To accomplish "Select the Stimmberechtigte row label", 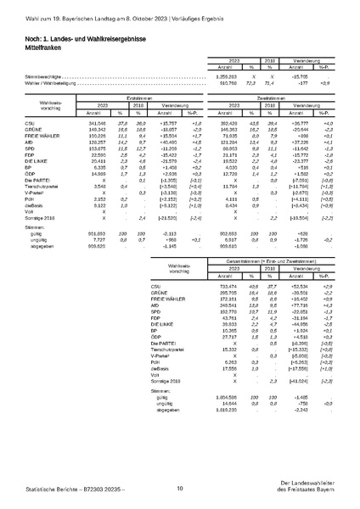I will pos(42,76).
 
